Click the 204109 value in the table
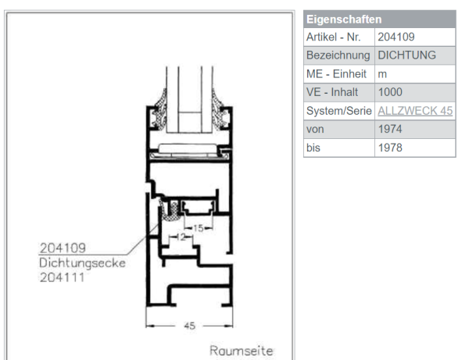pyautogui.click(x=396, y=37)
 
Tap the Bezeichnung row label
pyautogui.click(x=337, y=55)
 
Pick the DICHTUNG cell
pyautogui.click(x=406, y=55)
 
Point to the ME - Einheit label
pyautogui.click(x=334, y=73)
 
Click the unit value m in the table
pyautogui.click(x=382, y=73)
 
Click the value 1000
pyautogui.click(x=390, y=92)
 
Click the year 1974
pyautogui.click(x=390, y=129)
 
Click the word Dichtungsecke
pyautogui.click(x=82, y=263)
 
